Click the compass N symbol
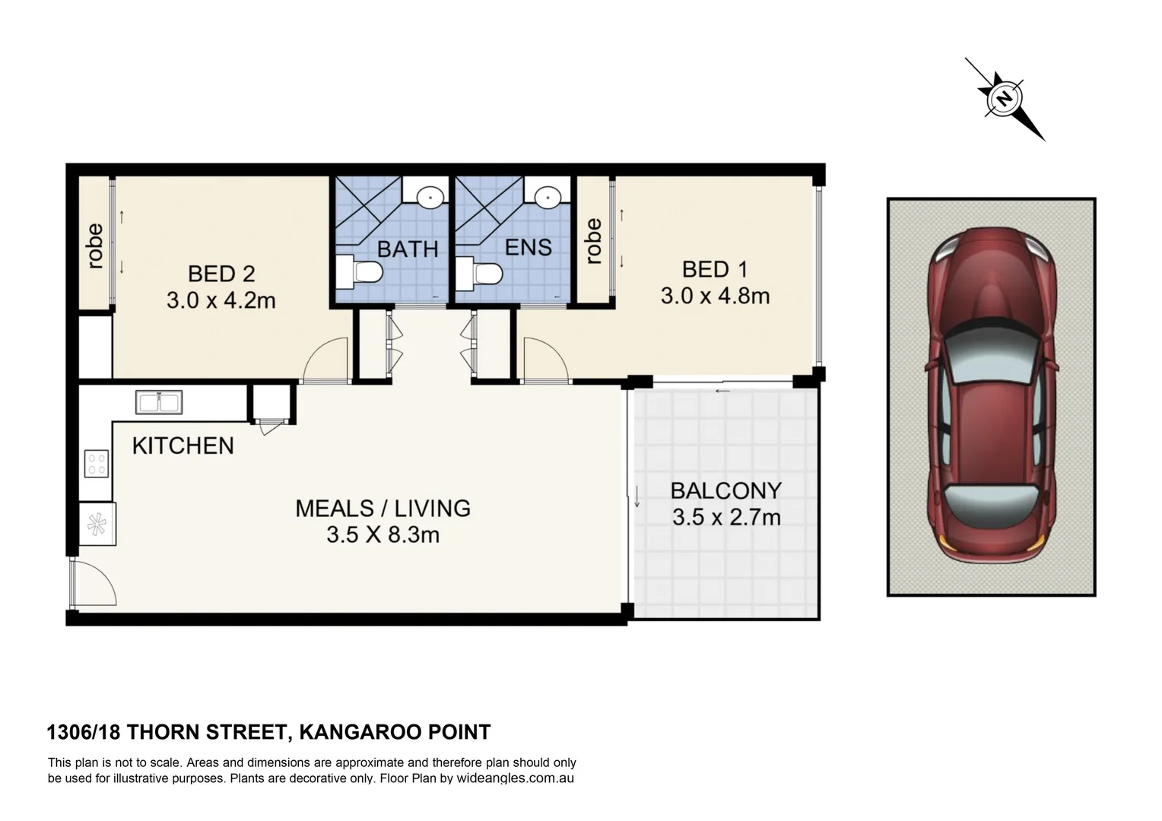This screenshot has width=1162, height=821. pos(1005,98)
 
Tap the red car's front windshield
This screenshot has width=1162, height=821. pos(991,353)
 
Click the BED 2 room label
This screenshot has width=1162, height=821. pos(221,274)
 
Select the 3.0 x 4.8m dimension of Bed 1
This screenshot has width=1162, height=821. pos(715,296)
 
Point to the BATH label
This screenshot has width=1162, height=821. pos(408,249)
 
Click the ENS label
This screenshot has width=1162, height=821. pos(528,247)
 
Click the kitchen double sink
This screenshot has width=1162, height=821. pos(159,402)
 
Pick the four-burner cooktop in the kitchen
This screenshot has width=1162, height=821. pos(97,463)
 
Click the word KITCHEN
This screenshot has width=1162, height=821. pos(183,446)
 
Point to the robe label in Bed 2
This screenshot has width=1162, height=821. pos(95,246)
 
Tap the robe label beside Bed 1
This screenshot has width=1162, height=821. pos(593,242)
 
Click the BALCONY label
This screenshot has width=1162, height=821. pos(725,490)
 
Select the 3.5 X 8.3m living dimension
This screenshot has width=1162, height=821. pos(383,534)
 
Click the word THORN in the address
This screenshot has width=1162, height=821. pos(164,732)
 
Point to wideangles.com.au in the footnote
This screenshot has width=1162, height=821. pos(515,778)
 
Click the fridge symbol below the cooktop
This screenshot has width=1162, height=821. pos(97,525)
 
